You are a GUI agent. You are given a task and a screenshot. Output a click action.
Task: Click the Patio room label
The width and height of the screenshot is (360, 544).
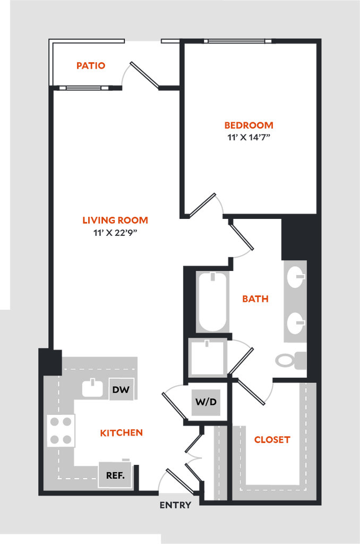pyautogui.click(x=91, y=66)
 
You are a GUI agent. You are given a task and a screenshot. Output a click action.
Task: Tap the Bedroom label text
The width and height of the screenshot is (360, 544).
pyautogui.click(x=249, y=126)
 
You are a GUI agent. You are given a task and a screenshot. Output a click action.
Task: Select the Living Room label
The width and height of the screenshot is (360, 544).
pyautogui.click(x=115, y=220)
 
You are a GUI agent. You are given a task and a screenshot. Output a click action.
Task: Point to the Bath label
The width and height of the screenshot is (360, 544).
pyautogui.click(x=255, y=299)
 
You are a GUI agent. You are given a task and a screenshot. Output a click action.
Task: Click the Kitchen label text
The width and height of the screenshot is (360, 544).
pyautogui.click(x=122, y=433)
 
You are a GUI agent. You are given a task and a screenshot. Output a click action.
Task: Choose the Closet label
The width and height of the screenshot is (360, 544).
pyautogui.click(x=272, y=440)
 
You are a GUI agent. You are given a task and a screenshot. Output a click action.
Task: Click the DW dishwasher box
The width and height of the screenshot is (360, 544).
pyautogui.click(x=121, y=390)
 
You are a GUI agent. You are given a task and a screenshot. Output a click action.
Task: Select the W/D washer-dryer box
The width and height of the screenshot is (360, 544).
pyautogui.click(x=205, y=402)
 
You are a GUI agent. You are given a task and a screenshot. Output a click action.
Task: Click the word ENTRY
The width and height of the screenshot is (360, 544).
pyautogui.click(x=175, y=505)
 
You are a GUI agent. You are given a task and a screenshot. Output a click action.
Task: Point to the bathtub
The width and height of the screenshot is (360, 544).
pyautogui.click(x=213, y=301)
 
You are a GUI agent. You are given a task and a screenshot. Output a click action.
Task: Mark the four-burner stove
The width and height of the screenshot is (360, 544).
pyautogui.click(x=61, y=430)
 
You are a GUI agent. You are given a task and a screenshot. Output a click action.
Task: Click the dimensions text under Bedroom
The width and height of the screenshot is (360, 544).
pyautogui.click(x=249, y=137)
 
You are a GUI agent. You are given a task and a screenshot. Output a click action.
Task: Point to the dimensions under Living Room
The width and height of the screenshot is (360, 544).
pyautogui.click(x=115, y=232)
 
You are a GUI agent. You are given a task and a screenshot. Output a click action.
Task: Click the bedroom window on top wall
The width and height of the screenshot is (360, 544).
pyautogui.click(x=237, y=41)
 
